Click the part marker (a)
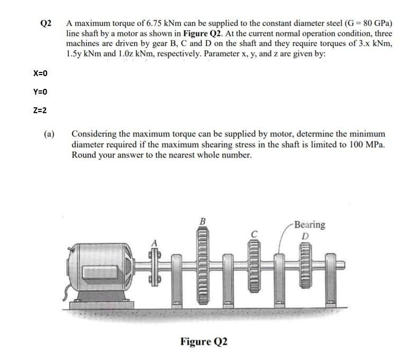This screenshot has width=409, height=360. (x=49, y=134)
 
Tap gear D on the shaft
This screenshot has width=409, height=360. (x=305, y=267)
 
